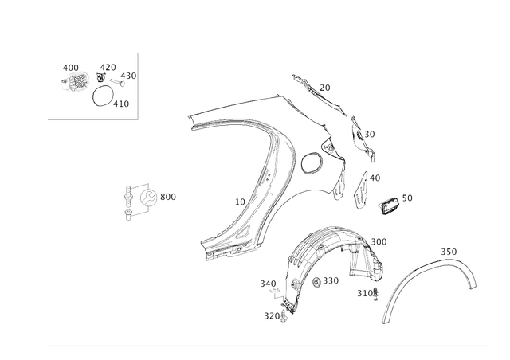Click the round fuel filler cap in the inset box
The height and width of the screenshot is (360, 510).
point(76,80)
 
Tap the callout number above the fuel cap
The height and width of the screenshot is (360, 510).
point(70,66)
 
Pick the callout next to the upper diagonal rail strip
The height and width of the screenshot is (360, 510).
point(324,85)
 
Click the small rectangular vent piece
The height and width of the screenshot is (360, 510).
point(390,205)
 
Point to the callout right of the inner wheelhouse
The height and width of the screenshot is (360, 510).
point(380,241)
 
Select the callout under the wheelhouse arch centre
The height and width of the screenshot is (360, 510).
point(327,280)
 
